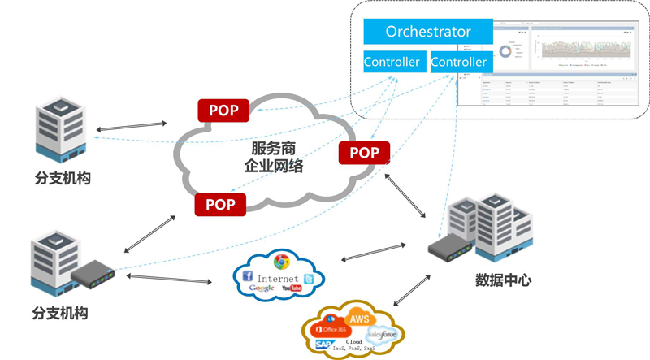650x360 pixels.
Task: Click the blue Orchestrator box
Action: point(428,33)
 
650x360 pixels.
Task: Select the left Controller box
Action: point(392,62)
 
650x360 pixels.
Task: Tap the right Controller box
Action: point(458,62)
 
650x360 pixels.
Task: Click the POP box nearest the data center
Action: point(364,152)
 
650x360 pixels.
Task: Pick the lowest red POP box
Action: point(220,205)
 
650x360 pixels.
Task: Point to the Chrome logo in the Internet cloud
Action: point(282,262)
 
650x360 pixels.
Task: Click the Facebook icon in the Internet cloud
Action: point(248,277)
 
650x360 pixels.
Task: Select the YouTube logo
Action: point(292,288)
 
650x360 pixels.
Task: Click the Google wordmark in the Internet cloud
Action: point(262,288)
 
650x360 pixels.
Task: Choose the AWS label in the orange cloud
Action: point(359,319)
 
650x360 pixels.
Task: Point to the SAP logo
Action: point(323,345)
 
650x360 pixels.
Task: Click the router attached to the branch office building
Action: point(92,279)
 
